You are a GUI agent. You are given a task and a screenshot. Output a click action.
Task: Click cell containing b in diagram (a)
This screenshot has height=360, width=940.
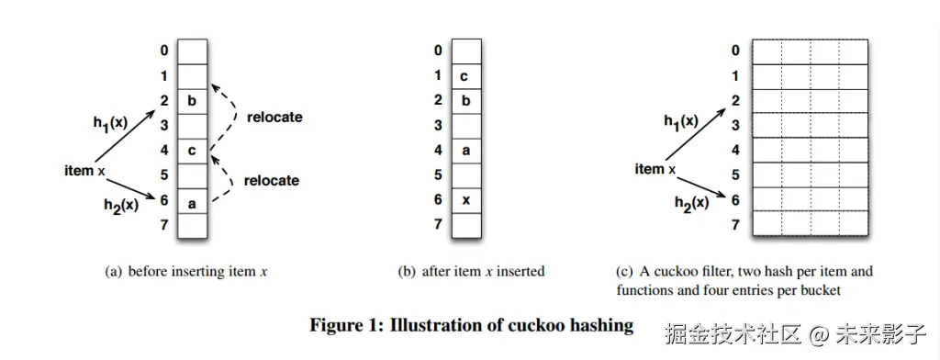pyautogui.click(x=192, y=101)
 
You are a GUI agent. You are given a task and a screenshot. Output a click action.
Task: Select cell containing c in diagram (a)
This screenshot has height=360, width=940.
pyautogui.click(x=192, y=151)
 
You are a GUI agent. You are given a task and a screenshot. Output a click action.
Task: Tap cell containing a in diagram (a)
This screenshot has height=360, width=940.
pyautogui.click(x=192, y=201)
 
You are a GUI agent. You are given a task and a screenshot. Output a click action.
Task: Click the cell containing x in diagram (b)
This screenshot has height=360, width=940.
pyautogui.click(x=466, y=200)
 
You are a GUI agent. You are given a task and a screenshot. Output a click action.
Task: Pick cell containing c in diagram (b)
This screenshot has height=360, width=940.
pyautogui.click(x=466, y=76)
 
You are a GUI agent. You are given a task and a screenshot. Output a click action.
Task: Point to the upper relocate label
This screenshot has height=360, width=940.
pyautogui.click(x=274, y=117)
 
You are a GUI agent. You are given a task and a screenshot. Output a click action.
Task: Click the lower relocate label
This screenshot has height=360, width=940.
pyautogui.click(x=271, y=180)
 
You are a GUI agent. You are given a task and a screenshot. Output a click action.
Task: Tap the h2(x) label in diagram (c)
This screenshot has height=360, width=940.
pyautogui.click(x=691, y=204)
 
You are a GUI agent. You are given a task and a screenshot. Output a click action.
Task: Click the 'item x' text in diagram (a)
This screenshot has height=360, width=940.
pyautogui.click(x=84, y=171)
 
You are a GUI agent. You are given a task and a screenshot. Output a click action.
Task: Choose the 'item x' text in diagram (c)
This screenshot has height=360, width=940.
pyautogui.click(x=655, y=170)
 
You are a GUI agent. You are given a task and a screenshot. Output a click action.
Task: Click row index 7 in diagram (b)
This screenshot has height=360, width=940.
pyautogui.click(x=438, y=224)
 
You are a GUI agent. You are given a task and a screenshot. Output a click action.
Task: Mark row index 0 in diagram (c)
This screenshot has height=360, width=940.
pyautogui.click(x=735, y=51)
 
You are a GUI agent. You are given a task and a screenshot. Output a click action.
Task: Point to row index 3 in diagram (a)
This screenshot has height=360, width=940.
pyautogui.click(x=164, y=126)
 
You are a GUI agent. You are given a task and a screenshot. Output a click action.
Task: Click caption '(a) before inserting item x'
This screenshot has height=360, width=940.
pyautogui.click(x=185, y=272)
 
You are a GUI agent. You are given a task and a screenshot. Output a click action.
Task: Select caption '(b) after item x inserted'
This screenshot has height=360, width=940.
pyautogui.click(x=471, y=271)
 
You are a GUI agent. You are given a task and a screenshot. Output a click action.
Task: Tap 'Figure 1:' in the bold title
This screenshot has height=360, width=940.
pyautogui.click(x=346, y=326)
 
